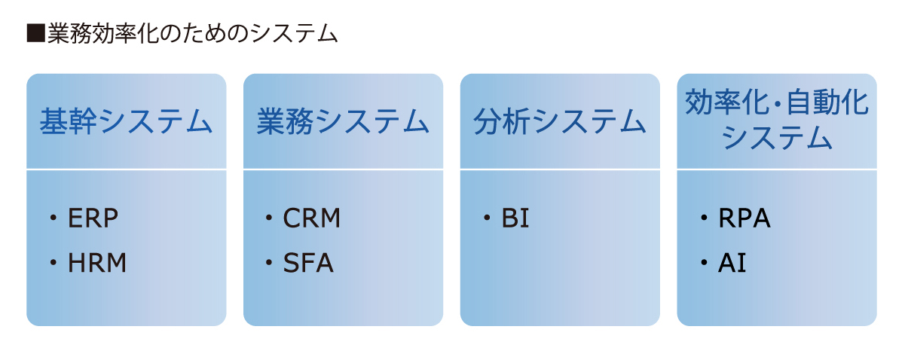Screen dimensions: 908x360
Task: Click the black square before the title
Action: click(x=35, y=33)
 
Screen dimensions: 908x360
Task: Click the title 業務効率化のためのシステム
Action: click(x=193, y=33)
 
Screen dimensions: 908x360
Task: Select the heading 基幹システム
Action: click(x=126, y=121)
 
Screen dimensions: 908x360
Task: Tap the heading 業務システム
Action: click(x=343, y=121)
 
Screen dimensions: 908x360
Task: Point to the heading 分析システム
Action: click(x=560, y=121)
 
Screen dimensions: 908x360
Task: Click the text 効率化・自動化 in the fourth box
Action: click(x=777, y=102)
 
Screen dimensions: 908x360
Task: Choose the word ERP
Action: click(x=93, y=218)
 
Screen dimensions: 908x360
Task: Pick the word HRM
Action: click(x=97, y=263)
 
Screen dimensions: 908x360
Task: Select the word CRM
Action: click(x=311, y=218)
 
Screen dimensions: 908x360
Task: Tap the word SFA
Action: click(x=308, y=263)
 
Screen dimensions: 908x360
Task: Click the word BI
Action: click(x=515, y=218)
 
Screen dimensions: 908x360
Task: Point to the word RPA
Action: click(x=744, y=218)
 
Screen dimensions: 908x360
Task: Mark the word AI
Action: click(x=732, y=263)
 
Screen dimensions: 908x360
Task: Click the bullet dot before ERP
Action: click(x=53, y=218)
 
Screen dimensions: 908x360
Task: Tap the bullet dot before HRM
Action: click(x=53, y=262)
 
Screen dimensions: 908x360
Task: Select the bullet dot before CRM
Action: click(x=269, y=218)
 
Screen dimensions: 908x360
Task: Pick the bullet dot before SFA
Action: click(x=269, y=262)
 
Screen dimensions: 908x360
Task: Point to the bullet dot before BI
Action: click(x=487, y=218)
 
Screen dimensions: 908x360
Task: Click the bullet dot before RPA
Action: click(x=704, y=218)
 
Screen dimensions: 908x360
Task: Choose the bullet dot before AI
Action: click(x=704, y=262)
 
